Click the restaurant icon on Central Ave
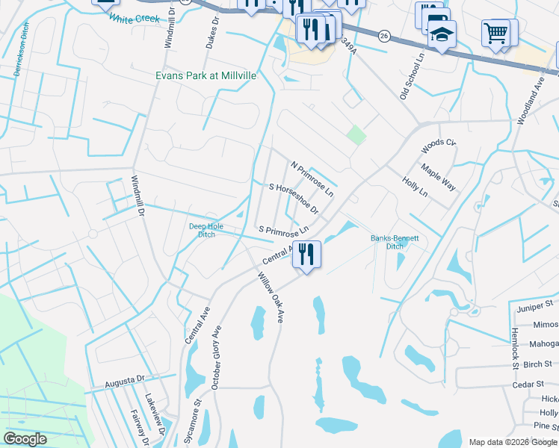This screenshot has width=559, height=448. (306, 254)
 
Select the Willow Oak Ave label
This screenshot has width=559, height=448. (272, 297)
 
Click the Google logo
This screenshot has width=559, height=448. (25, 440)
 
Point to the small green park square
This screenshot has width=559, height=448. (356, 135)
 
